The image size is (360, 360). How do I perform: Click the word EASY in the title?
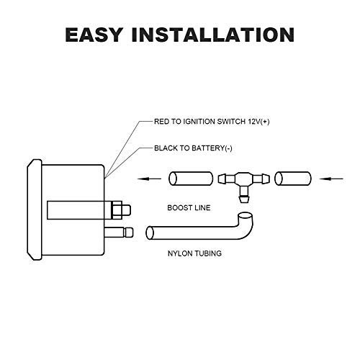point(94,35)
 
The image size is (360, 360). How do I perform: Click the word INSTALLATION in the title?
point(213,35)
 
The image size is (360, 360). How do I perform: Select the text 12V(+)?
point(258,122)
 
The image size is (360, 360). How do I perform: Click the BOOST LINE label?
point(189,208)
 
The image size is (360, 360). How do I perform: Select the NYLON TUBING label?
point(194,253)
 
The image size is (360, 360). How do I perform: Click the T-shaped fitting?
point(244,182)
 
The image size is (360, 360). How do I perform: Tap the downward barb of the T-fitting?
point(244,196)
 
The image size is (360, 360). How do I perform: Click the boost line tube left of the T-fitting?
point(191,179)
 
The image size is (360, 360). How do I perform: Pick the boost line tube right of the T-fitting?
point(293,179)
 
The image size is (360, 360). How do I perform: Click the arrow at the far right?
point(331,179)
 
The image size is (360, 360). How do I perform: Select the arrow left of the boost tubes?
point(149,179)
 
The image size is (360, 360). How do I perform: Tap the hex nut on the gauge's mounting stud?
point(117,210)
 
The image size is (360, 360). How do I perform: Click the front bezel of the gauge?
point(35,210)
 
